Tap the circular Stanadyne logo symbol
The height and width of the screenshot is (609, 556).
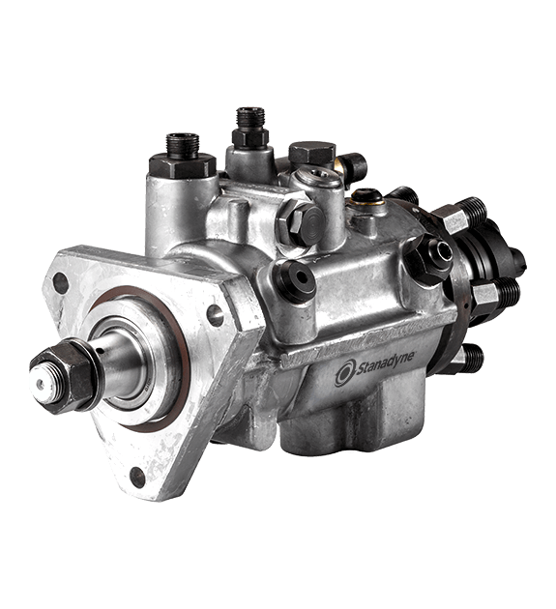(x=345, y=373)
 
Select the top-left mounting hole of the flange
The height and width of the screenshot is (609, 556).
(x=60, y=282)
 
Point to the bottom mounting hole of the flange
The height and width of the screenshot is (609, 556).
(x=137, y=478)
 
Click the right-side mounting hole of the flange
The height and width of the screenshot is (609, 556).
(x=215, y=315)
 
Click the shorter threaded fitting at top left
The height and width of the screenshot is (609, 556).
(x=183, y=157)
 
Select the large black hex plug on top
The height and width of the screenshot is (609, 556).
(x=312, y=153)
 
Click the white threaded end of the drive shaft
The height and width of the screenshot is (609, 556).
(x=43, y=385)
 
